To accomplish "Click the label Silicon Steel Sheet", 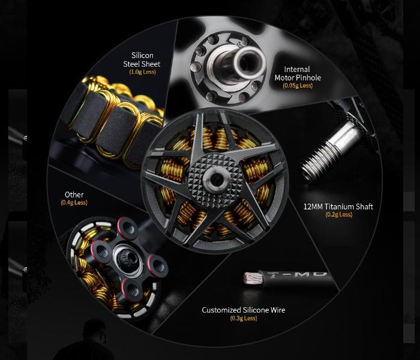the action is coord(142,60).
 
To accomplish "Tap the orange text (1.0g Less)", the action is coord(143,72).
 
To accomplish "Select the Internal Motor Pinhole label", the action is coord(298,73).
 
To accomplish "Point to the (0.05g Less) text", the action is coord(298,85).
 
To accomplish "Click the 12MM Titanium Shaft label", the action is coord(338,206).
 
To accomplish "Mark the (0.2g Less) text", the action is coord(338,215).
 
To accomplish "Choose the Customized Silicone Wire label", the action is coord(244,310).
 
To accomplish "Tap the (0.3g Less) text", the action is coord(244,318).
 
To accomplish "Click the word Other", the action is coord(74,194).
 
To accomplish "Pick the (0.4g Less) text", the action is coord(74,203).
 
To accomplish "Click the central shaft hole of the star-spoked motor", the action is coord(216,180).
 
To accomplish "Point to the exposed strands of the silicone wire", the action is coord(252,278).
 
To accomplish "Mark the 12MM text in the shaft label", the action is coord(313,206).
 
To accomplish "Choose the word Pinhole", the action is coord(308,77).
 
